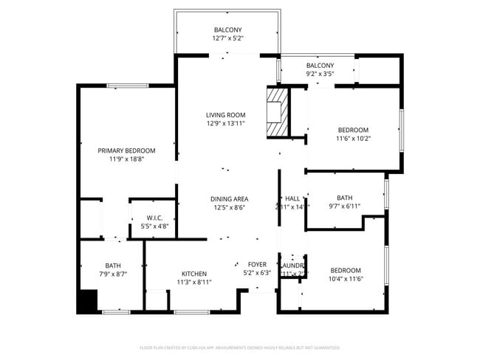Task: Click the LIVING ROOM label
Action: tap(225, 114)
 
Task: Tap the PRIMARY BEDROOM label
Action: tap(126, 150)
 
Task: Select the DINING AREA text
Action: tap(229, 198)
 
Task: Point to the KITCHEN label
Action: tap(193, 273)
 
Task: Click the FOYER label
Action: tap(256, 264)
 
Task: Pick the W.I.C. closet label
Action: tap(154, 218)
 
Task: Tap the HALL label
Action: tap(292, 198)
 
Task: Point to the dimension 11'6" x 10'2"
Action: tap(353, 138)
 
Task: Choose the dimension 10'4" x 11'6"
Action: tap(346, 278)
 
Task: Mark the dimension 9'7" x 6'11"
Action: tap(344, 207)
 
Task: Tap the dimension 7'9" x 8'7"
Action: tap(112, 274)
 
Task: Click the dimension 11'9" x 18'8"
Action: tap(126, 159)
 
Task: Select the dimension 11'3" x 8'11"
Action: tap(193, 282)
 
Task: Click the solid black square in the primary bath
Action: tap(87, 302)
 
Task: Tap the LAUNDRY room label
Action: tap(292, 265)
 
